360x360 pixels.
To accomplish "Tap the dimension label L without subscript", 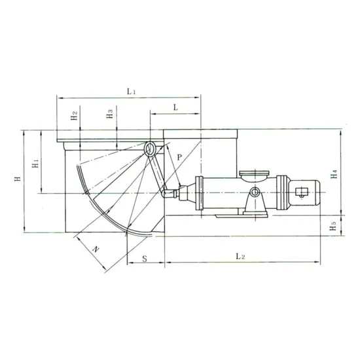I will (176, 106).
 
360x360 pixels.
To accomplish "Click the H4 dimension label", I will (334, 174).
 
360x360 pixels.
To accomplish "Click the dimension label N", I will (96, 249).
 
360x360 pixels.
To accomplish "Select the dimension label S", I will (144, 258).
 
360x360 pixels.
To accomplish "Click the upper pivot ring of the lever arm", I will (151, 150).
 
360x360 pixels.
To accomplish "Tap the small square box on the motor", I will (302, 192).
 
